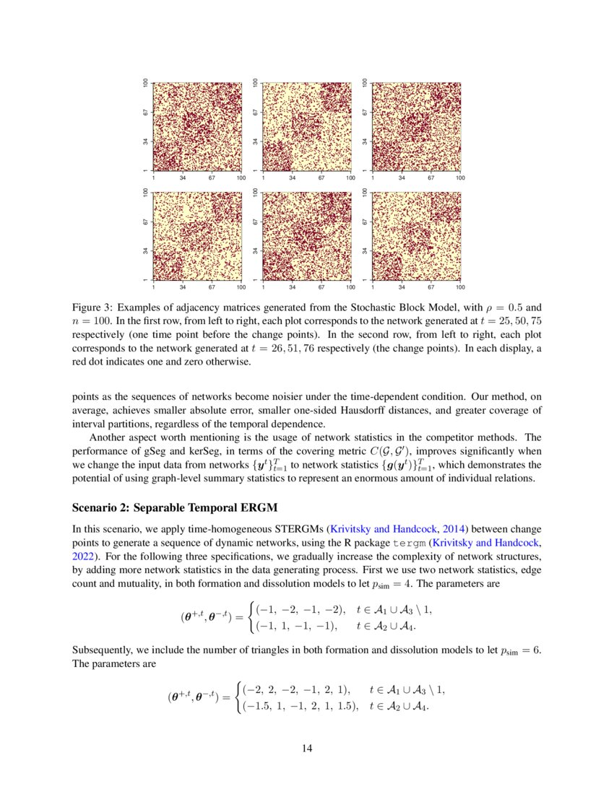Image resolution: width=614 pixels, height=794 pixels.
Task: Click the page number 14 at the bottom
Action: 307,748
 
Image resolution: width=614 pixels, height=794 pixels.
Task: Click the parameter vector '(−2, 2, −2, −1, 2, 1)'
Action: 295,690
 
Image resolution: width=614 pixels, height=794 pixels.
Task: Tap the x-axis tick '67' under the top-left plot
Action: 212,177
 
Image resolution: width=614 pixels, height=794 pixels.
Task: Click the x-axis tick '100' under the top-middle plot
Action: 350,177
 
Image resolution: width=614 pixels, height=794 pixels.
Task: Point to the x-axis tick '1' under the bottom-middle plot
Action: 263,287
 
